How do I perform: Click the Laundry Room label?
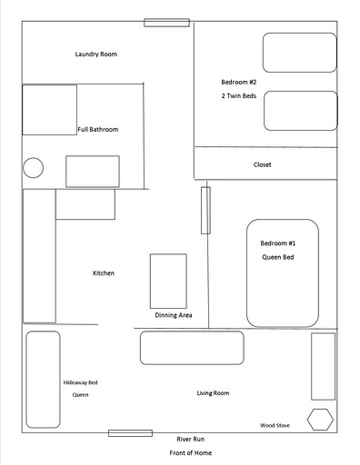(x=95, y=54)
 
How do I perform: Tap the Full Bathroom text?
(x=97, y=129)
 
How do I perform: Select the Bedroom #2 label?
(x=239, y=82)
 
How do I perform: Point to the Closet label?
(x=262, y=164)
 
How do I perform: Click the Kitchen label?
(x=103, y=273)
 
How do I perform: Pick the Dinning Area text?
(x=173, y=315)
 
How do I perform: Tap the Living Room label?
(x=213, y=393)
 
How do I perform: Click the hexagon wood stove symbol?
(x=319, y=420)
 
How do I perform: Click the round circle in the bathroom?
(x=33, y=167)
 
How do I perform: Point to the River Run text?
(x=191, y=439)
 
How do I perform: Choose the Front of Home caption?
(x=190, y=451)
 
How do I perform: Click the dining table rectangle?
(x=168, y=281)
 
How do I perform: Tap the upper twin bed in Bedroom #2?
(x=300, y=53)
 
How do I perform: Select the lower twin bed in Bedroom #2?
(x=300, y=110)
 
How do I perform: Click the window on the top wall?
(x=166, y=23)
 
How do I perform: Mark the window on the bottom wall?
(x=130, y=433)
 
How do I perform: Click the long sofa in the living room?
(x=192, y=348)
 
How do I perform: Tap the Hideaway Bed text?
(x=80, y=382)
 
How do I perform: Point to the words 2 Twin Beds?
(x=239, y=95)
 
